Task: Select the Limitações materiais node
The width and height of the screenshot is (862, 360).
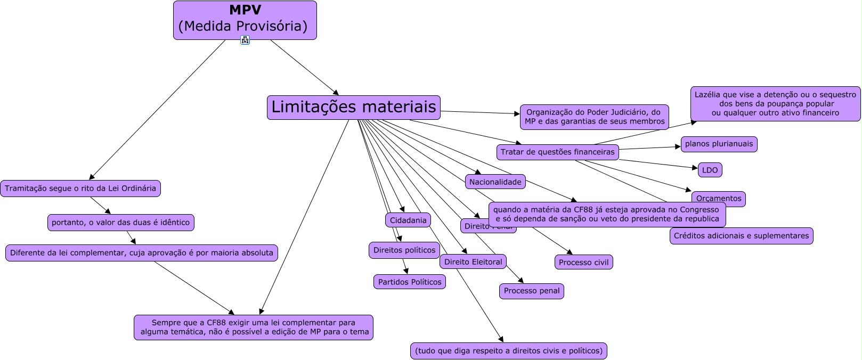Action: pyautogui.click(x=354, y=107)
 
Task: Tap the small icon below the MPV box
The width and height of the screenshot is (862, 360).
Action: pyautogui.click(x=245, y=40)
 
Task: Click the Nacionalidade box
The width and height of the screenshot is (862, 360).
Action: pyautogui.click(x=495, y=182)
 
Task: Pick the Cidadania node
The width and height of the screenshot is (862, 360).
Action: pyautogui.click(x=408, y=220)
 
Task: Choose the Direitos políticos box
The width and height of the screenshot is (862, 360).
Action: pyautogui.click(x=404, y=250)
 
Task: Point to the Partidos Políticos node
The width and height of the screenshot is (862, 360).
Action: pyautogui.click(x=410, y=282)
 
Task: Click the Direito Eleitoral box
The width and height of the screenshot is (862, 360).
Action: pyautogui.click(x=473, y=262)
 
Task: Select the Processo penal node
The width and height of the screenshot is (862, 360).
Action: pyautogui.click(x=532, y=291)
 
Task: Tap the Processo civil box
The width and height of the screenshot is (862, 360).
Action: pyautogui.click(x=583, y=263)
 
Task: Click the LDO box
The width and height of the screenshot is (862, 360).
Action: pyautogui.click(x=710, y=170)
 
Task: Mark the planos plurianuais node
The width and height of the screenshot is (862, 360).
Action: pyautogui.click(x=719, y=144)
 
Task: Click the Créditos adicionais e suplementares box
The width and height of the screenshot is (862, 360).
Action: pyautogui.click(x=741, y=236)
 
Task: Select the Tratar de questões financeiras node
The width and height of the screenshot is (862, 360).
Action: pyautogui.click(x=557, y=152)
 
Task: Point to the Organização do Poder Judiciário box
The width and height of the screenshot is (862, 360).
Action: pyautogui.click(x=594, y=117)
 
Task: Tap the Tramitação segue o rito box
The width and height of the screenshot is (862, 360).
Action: pyautogui.click(x=80, y=189)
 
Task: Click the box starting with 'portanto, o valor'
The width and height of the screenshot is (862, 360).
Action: pyautogui.click(x=120, y=223)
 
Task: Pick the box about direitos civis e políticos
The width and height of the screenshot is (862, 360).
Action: pyautogui.click(x=509, y=351)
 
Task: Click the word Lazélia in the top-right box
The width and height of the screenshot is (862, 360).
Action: pyautogui.click(x=707, y=95)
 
